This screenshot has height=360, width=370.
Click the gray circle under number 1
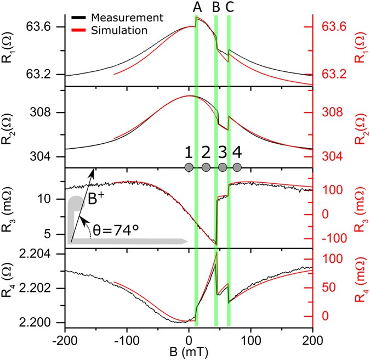coord(189,167)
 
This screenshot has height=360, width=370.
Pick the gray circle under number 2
coord(206,167)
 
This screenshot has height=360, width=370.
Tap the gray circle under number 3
coord(222,167)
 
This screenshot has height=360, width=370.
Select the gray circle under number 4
coord(237,167)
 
